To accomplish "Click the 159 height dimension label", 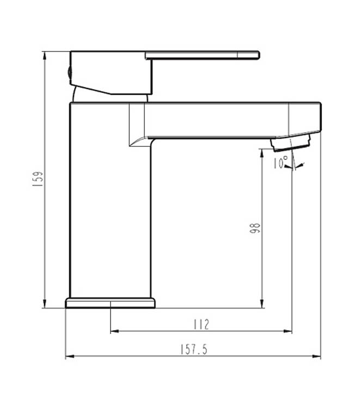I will pos(38,179).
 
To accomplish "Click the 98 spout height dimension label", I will pos(255,228).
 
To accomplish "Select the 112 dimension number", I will pos(201,324).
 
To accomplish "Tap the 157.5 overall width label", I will pos(194,350).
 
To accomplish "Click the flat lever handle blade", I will pos(202,55).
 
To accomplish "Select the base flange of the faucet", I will pos(110,303).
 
